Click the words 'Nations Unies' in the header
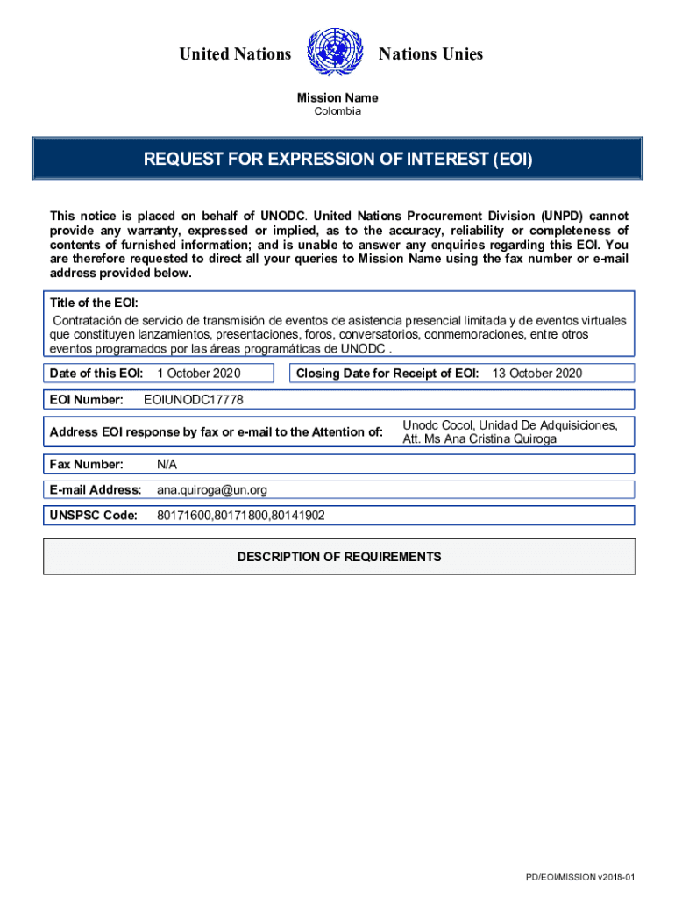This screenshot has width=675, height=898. [x=430, y=54]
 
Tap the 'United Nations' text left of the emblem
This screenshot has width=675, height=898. [x=235, y=54]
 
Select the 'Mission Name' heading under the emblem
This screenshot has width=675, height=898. [x=337, y=98]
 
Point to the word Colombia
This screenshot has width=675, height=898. [x=337, y=111]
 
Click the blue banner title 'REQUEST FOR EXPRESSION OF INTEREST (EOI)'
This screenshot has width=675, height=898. [x=337, y=160]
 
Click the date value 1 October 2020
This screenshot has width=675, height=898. [x=199, y=374]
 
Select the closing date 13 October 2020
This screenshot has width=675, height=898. [x=536, y=374]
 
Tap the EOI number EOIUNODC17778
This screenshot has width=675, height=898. [x=193, y=400]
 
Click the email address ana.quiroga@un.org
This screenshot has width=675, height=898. [x=212, y=489]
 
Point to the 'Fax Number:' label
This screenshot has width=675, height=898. [x=87, y=464]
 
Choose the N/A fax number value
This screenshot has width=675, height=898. [x=167, y=464]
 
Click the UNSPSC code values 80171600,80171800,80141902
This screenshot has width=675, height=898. [x=241, y=516]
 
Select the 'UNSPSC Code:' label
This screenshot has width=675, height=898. [x=94, y=516]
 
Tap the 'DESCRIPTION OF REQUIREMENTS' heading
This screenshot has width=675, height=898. [x=339, y=557]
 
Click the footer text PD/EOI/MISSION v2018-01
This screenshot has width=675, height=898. [x=579, y=878]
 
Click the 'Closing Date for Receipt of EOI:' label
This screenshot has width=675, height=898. [x=387, y=374]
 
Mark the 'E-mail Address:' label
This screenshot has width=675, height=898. [x=96, y=489]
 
